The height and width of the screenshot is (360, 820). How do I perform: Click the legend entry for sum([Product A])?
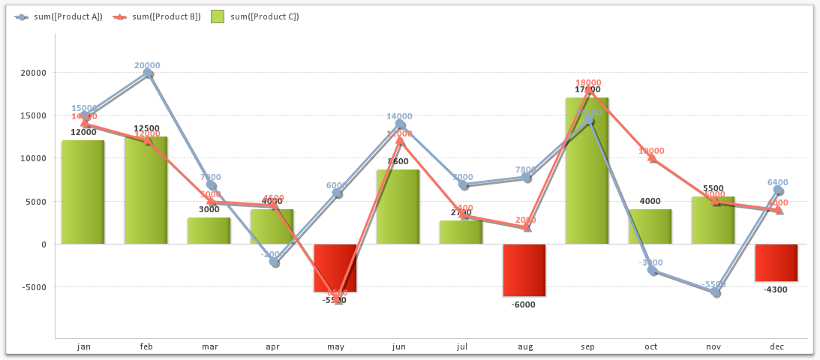59,16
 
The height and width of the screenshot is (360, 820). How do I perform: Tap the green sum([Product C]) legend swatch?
218,16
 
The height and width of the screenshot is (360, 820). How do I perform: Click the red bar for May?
335,268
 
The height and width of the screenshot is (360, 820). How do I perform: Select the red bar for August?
524,270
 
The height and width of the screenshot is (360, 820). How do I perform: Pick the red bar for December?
776,262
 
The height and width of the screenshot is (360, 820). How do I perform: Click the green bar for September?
587,170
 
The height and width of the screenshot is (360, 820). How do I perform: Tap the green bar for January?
83,192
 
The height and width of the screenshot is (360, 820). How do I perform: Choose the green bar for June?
398,206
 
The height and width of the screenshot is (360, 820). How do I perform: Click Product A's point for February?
149,73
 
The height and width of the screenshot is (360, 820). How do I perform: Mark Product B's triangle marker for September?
589,91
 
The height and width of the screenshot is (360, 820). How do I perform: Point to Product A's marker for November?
716,292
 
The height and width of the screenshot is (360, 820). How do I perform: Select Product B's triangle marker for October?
652,158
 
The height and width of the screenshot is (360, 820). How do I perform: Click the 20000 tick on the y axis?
33,73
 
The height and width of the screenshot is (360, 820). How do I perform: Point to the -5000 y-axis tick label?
33,287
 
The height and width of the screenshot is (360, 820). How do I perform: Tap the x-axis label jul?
461,346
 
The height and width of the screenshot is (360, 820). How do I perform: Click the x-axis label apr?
272,346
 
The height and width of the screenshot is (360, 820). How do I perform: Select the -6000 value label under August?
524,304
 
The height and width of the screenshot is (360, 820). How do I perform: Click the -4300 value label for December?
776,289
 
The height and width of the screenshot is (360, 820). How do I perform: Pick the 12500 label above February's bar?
146,128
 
